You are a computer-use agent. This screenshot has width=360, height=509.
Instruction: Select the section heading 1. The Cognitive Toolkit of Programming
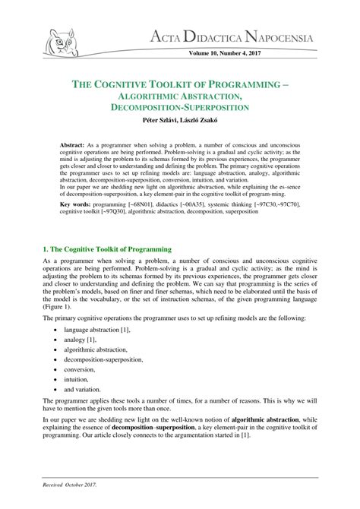108,248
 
